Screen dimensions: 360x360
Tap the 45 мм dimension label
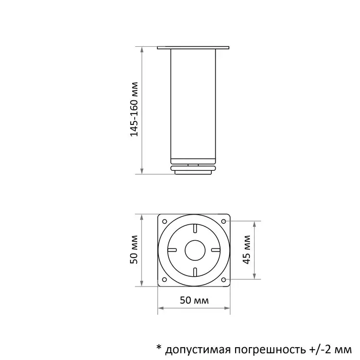(248, 250)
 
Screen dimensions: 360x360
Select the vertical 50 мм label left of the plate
(134, 250)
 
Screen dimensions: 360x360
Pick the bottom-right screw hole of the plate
(224, 280)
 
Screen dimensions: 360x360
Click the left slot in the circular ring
(173, 250)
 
